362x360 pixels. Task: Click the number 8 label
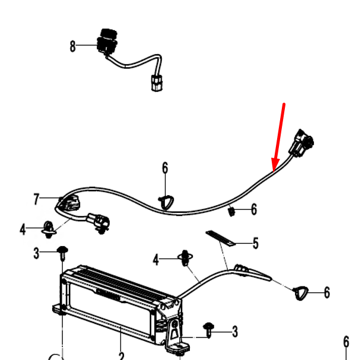click(73, 46)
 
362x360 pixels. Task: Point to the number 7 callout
click(36, 199)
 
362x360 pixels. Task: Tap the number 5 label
click(256, 243)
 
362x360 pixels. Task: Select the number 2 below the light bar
click(121, 355)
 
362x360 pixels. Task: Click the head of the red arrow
click(274, 167)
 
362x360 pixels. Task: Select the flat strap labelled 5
click(221, 238)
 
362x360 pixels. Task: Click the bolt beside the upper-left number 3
click(62, 253)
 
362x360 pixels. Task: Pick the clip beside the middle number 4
click(188, 258)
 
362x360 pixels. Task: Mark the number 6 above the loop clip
click(165, 168)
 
